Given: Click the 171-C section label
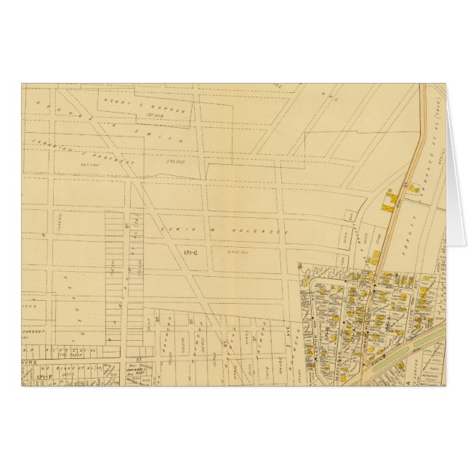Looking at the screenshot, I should click(x=183, y=250).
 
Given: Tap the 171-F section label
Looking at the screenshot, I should click(x=33, y=378).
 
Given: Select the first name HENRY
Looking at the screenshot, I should click(x=116, y=100).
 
